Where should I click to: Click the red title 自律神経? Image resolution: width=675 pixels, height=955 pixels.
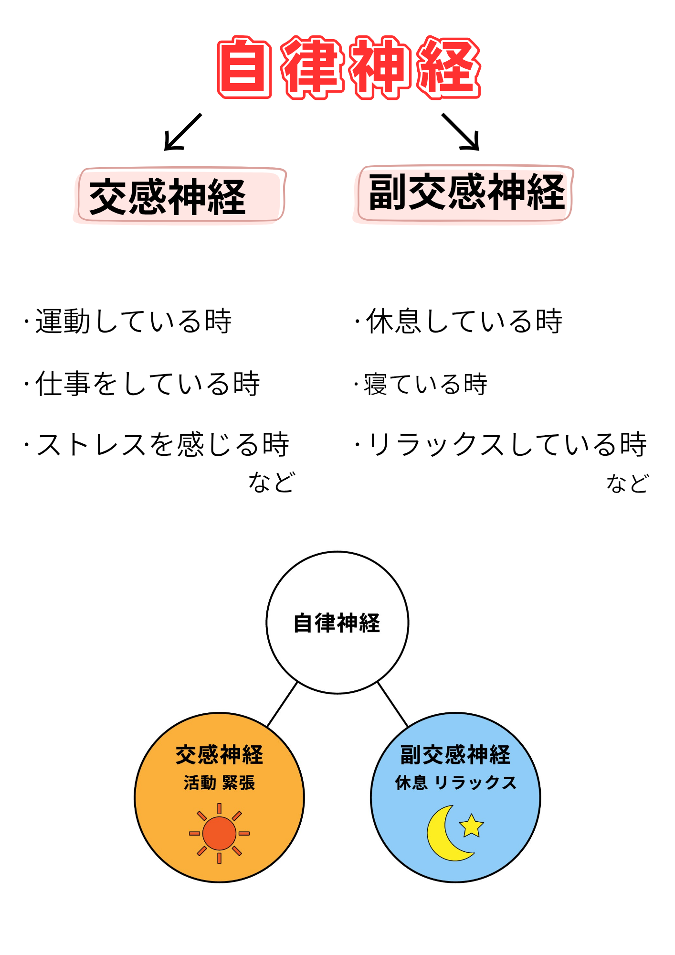tap(349, 67)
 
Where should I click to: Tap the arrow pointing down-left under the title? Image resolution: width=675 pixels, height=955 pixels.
tap(182, 132)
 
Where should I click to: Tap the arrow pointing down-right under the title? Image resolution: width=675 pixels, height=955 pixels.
tap(461, 132)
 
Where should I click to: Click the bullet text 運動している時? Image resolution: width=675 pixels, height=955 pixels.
tap(133, 321)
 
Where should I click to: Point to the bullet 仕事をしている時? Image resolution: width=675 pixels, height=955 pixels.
tap(148, 383)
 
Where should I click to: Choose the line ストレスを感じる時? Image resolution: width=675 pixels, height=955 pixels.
tap(162, 444)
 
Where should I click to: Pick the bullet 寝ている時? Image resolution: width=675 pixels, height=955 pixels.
tap(425, 384)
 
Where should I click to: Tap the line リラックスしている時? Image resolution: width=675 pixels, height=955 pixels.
tap(506, 444)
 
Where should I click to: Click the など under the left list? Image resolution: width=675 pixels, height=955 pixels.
tap(272, 482)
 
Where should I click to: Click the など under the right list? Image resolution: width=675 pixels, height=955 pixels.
tap(627, 483)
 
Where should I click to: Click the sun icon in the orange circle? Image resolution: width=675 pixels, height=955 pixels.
tap(219, 833)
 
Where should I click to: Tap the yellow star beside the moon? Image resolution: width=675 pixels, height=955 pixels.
tap(471, 826)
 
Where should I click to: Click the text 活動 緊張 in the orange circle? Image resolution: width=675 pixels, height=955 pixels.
tap(219, 783)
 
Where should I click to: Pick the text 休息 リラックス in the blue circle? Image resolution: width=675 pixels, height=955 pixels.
tap(455, 783)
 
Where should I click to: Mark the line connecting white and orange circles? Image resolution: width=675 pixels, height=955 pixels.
tap(282, 705)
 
